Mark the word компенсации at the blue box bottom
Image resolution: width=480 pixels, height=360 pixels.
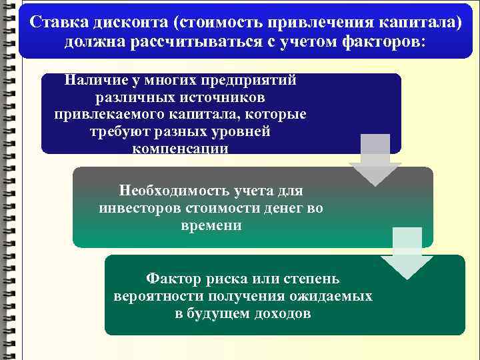pyautogui.click(x=180, y=148)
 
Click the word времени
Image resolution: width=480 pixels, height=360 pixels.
pyautogui.click(x=211, y=225)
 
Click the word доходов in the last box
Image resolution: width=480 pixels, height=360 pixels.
pyautogui.click(x=282, y=313)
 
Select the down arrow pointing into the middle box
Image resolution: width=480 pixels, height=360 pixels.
pyautogui.click(x=375, y=160)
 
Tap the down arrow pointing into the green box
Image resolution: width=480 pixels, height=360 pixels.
pyautogui.click(x=406, y=253)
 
